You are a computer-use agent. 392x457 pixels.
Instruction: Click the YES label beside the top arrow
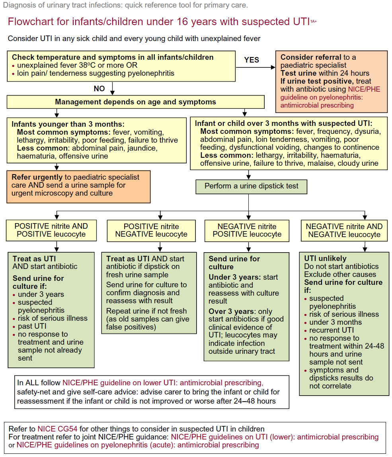coord(251,60)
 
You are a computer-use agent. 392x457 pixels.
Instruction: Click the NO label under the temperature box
coord(99,88)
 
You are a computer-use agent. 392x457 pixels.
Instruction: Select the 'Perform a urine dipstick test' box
coord(251,186)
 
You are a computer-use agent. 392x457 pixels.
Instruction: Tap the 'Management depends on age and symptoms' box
coord(135,102)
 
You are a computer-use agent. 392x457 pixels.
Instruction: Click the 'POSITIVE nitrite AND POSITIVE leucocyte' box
coord(51,230)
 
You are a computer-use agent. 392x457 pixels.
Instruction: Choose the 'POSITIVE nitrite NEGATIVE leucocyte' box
coord(151,230)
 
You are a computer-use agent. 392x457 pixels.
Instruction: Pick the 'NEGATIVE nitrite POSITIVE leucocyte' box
coord(247,230)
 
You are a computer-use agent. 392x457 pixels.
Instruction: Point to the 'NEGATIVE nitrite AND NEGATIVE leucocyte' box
coord(344,230)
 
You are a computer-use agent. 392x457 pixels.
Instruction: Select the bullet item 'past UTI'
coord(32,326)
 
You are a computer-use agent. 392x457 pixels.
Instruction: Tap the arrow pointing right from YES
coord(255,68)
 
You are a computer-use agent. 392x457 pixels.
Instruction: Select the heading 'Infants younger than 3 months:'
coord(68,124)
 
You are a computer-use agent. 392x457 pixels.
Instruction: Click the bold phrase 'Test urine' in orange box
coord(298,73)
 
